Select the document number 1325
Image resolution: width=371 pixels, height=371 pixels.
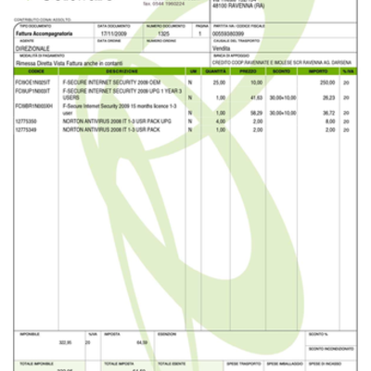coord(164,32)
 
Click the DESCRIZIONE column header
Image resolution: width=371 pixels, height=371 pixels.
coord(122,70)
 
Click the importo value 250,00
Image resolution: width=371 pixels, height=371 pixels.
coord(327,83)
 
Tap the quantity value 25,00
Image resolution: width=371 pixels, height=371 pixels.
coord(220,83)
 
